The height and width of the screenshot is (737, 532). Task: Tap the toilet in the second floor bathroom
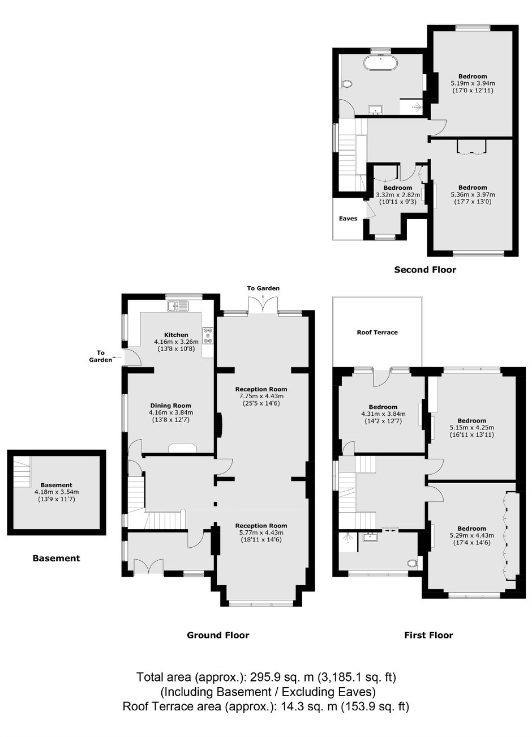(x=346, y=84)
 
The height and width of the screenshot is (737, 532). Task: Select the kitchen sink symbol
(x=177, y=306)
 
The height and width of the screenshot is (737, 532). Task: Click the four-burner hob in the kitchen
(x=208, y=335)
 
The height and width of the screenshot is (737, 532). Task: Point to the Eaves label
(x=348, y=219)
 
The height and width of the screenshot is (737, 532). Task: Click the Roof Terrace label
(x=377, y=333)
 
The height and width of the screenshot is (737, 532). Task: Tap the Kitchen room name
(x=176, y=335)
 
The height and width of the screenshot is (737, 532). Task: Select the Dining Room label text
(x=171, y=406)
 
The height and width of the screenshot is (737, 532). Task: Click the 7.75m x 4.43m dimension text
(x=261, y=396)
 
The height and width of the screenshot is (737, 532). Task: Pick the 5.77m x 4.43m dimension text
(x=261, y=532)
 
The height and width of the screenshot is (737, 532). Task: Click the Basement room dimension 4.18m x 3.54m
(x=57, y=492)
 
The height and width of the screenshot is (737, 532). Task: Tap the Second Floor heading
(x=425, y=270)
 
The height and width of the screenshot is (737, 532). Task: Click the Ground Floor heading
(x=218, y=636)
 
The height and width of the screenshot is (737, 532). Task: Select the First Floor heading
(x=429, y=636)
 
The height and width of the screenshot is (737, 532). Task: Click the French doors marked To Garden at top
(x=263, y=305)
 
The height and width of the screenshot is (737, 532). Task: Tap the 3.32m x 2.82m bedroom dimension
(x=398, y=195)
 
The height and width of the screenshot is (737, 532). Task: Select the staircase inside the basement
(x=22, y=471)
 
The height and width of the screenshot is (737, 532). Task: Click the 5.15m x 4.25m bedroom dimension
(x=472, y=428)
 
